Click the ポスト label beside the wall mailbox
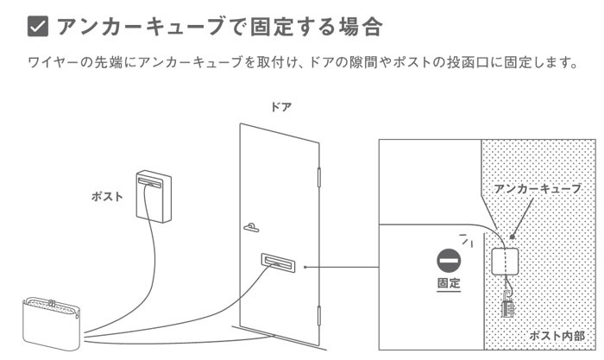[x=107, y=196]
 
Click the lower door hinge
[x=321, y=320]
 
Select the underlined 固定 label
[x=450, y=284]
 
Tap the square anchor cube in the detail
[x=505, y=262]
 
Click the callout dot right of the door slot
[x=305, y=266]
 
